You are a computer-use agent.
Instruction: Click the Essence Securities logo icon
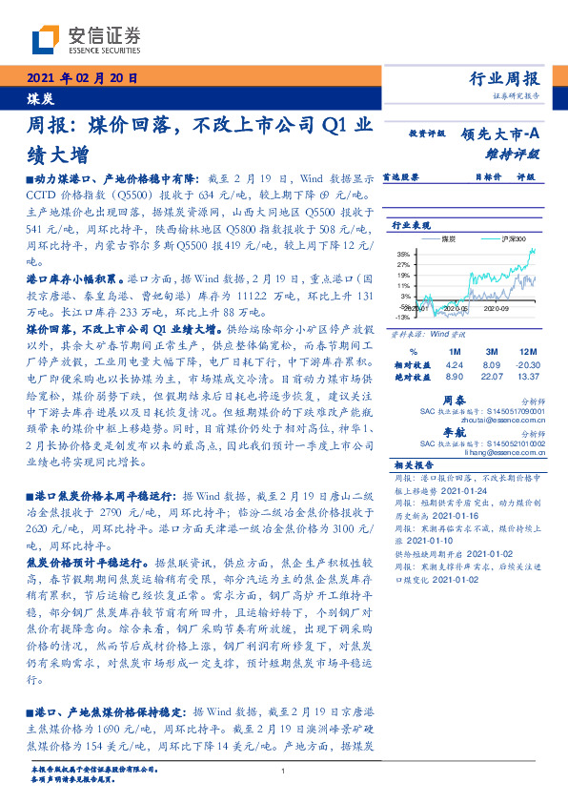(46, 38)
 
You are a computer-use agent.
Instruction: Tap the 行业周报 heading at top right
(505, 79)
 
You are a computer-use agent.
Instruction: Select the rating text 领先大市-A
(499, 135)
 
